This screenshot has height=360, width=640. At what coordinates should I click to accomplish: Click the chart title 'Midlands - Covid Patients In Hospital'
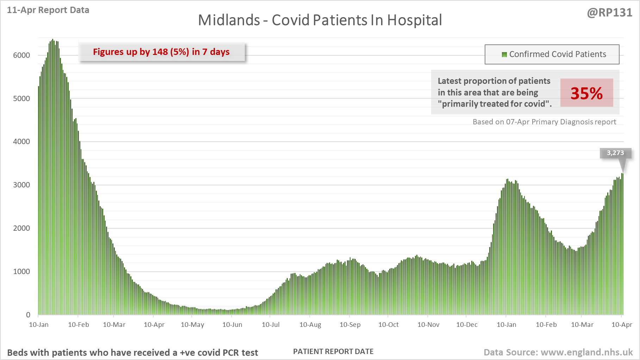(320, 20)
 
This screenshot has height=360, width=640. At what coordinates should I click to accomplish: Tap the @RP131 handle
(610, 13)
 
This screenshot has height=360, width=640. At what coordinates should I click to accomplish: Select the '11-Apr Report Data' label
(48, 10)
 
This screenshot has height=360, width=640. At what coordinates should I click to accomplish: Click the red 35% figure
(586, 93)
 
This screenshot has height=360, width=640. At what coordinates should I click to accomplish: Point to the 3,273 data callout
(615, 153)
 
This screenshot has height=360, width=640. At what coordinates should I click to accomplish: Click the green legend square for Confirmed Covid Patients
(504, 55)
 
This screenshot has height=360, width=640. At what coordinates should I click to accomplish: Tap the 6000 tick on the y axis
(21, 55)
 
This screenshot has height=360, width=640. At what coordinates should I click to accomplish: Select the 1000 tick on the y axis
(21, 272)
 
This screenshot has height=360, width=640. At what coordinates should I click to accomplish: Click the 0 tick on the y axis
(28, 315)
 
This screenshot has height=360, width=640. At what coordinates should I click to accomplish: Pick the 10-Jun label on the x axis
(232, 325)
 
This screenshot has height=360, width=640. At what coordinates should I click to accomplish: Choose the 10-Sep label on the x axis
(350, 325)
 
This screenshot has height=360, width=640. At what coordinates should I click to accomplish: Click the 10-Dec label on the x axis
(467, 325)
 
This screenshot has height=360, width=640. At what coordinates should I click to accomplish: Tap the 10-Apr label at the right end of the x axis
(622, 325)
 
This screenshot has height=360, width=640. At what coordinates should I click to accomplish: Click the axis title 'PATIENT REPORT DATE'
(333, 352)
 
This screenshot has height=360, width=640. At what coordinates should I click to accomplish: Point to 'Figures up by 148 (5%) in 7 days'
(161, 52)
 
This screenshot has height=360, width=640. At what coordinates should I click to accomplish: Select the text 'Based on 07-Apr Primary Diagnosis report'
(544, 122)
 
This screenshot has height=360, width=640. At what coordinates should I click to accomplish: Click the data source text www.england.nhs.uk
(586, 352)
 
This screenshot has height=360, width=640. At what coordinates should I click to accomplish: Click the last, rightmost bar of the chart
(622, 247)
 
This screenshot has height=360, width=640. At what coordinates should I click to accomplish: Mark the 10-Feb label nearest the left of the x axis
(78, 325)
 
